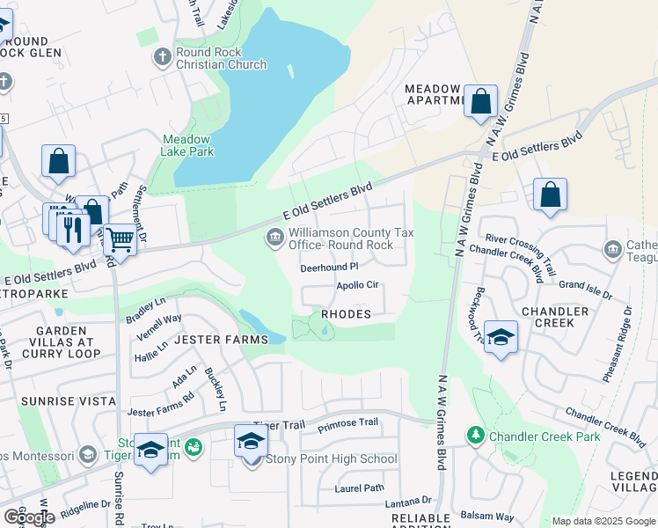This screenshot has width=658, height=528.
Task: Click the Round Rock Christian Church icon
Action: [161, 58]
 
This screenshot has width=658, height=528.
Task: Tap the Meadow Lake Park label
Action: [186, 145]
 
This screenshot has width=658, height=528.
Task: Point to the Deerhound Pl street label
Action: [330, 267]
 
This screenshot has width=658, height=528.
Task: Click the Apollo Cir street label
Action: [357, 285]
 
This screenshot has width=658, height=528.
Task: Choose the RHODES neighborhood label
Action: [346, 314]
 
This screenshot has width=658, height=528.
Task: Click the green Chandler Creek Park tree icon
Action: [476, 436]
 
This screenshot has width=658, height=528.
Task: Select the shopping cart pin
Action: [120, 238]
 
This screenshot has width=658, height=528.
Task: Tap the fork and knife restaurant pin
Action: [73, 229]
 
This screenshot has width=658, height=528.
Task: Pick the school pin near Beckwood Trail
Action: [500, 338]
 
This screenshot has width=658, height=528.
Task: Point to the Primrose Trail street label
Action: [347, 422]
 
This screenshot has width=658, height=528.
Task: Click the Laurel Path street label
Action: [359, 488]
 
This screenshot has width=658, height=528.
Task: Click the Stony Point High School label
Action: [331, 458]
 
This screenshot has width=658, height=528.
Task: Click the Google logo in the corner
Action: [29, 517]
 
